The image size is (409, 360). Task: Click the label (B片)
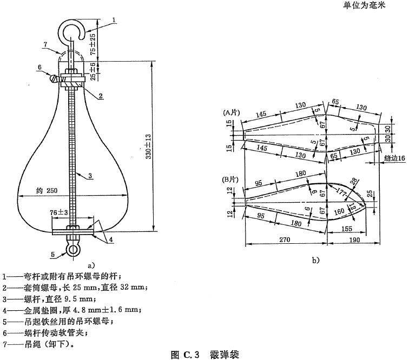coord(231,179)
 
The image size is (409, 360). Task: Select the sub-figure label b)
coord(316,260)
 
